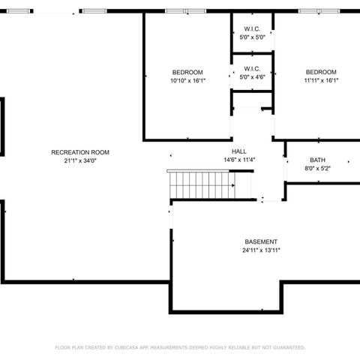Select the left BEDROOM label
point(187,72)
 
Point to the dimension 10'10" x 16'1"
point(187,80)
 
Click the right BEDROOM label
point(321,72)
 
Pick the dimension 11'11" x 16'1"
point(321,80)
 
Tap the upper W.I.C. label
point(251,30)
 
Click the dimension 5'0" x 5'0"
point(251,37)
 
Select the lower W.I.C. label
point(251,68)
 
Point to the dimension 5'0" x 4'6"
point(251,76)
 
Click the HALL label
point(239,151)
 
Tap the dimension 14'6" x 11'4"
point(239,160)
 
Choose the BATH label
point(317,160)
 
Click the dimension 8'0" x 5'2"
point(317,168)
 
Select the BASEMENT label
point(261,241)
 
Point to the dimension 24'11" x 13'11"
point(261,250)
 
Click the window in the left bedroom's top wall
point(187,11)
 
